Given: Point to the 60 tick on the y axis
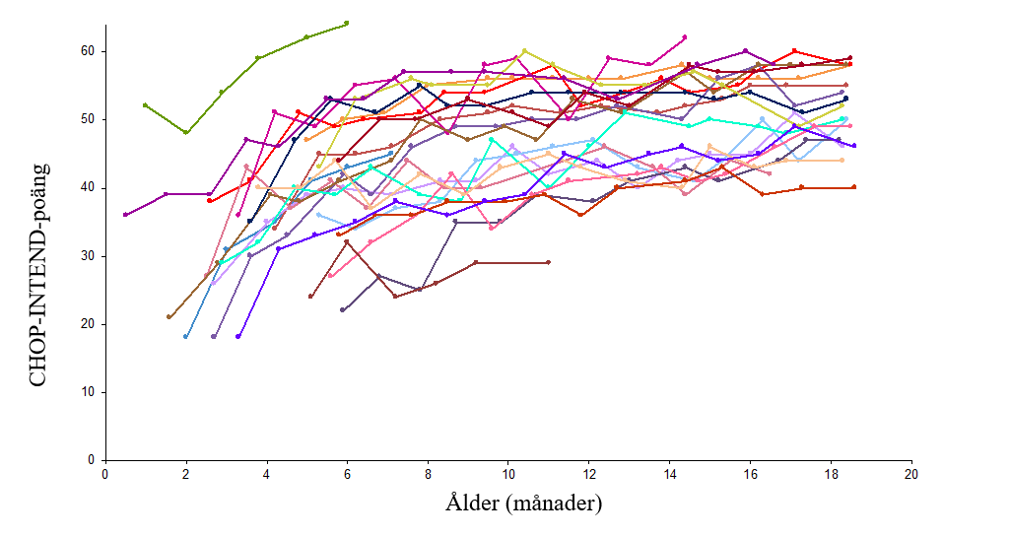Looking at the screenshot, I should point(88,51).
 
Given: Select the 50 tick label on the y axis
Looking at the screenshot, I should point(88,119).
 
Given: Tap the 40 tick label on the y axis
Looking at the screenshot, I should point(88,187).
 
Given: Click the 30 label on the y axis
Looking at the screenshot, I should point(88,256).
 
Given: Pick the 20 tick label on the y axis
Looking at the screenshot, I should point(88,324).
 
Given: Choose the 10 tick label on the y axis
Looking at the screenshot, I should point(88,392).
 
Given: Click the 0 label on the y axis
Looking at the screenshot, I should point(92,460).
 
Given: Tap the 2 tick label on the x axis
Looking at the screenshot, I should point(185,473).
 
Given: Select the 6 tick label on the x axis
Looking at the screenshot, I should point(347,473).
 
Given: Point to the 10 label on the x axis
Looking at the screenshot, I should point(507,473).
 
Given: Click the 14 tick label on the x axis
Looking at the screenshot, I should point(669,473).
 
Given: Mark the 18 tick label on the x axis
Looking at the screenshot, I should point(831,473).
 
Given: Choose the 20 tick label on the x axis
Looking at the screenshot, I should point(911,473).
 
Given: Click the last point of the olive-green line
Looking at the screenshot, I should point(347,24).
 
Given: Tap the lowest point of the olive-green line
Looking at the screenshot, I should point(185,132).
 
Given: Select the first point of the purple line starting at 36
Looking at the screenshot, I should point(125,215).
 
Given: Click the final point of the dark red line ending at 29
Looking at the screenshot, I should point(548,262).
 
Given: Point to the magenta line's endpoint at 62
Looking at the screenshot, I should point(684,37).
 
